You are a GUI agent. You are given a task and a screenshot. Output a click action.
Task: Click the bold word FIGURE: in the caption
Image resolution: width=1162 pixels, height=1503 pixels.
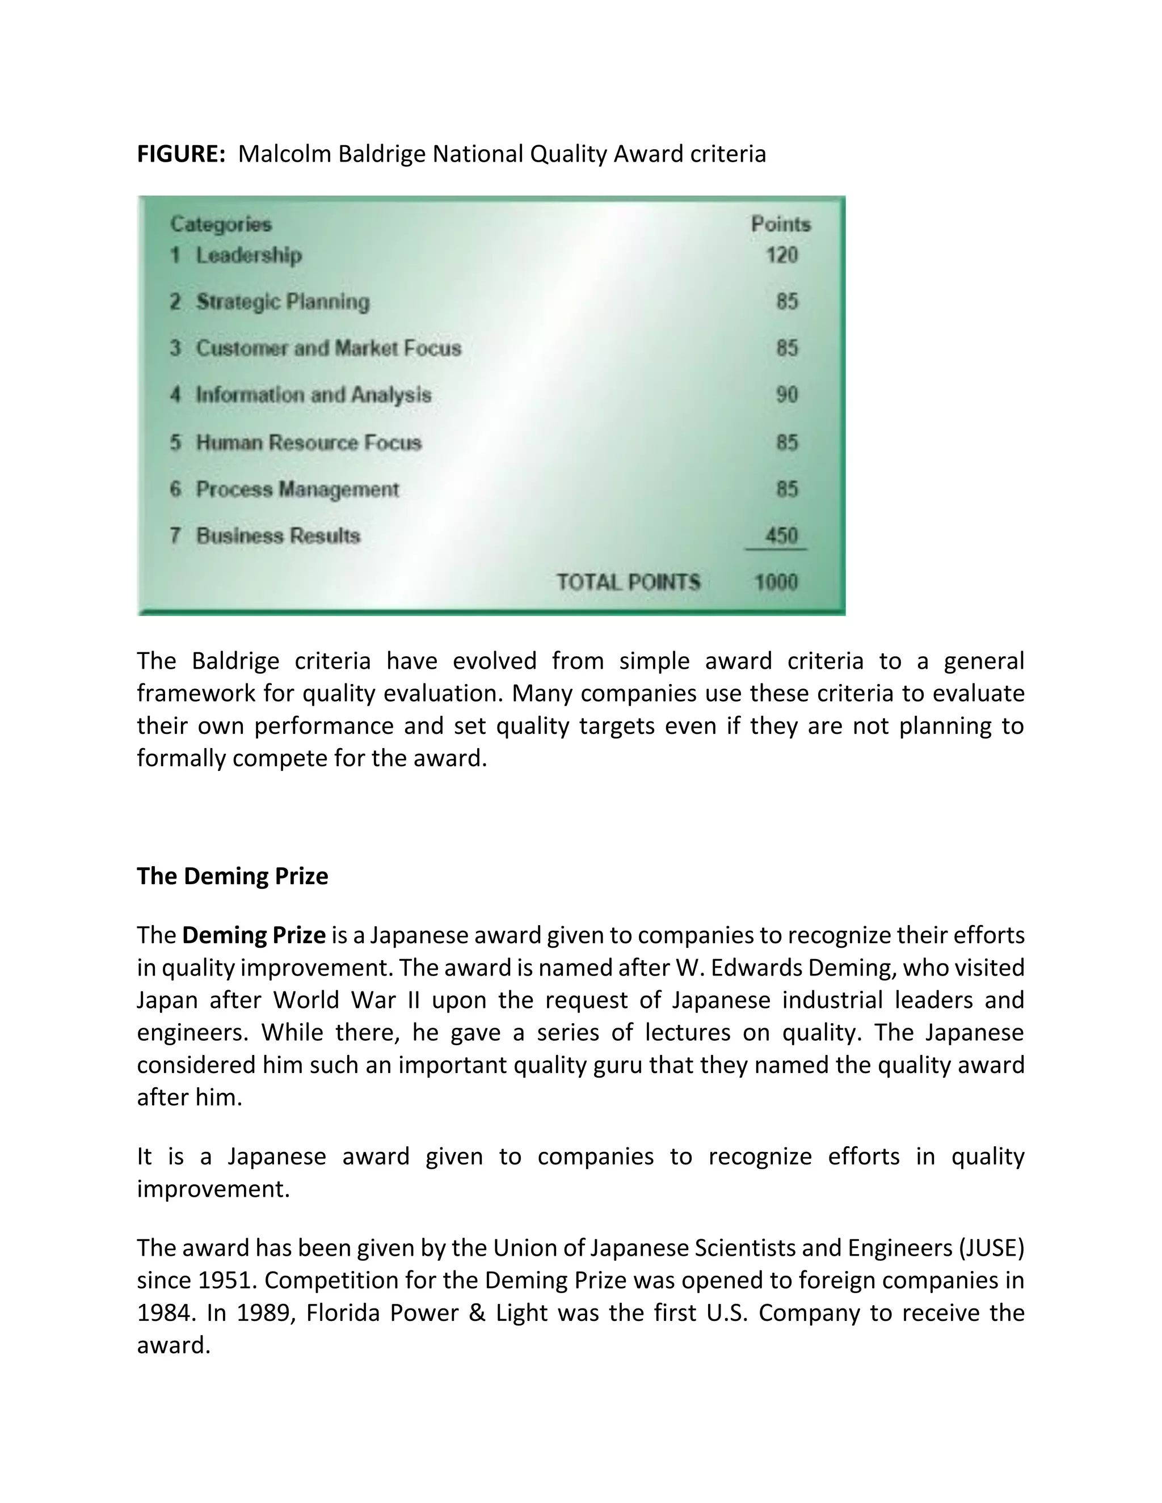tap(181, 154)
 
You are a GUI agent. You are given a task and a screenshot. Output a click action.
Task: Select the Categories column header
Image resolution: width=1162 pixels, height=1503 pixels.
tap(221, 225)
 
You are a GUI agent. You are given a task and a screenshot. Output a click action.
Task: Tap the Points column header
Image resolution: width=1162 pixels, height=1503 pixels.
tap(781, 225)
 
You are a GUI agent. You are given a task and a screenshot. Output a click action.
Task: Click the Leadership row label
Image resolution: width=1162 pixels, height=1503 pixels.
tap(249, 255)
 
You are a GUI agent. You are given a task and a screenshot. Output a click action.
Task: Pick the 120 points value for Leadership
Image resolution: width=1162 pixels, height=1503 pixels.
tap(782, 255)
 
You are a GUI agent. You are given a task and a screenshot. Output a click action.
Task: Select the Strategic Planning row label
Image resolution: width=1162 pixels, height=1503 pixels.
tap(282, 301)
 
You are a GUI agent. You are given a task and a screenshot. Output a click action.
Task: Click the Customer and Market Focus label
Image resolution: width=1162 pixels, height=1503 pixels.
tap(329, 348)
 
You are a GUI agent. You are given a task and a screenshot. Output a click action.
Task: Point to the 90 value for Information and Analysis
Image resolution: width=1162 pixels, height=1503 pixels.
tap(787, 395)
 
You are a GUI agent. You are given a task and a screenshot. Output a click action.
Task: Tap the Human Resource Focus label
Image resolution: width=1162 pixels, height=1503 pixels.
tap(309, 442)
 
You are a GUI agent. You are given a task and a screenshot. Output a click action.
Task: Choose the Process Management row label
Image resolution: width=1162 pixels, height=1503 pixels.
tap(297, 489)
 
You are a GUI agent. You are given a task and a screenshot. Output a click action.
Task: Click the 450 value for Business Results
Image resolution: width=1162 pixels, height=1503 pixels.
tap(781, 535)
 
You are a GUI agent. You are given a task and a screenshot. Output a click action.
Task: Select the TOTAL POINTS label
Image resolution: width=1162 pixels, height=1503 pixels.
tap(628, 582)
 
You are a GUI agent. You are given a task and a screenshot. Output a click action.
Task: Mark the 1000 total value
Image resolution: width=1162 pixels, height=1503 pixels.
tap(777, 582)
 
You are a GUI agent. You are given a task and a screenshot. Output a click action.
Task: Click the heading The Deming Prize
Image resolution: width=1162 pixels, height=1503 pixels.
tap(233, 876)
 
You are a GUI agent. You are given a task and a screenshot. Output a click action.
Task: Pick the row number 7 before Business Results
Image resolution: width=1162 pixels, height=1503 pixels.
tap(175, 535)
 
